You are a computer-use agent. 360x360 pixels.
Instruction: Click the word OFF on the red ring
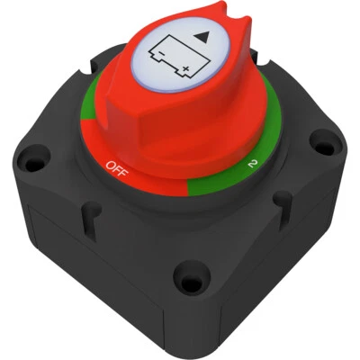tap(116, 166)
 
